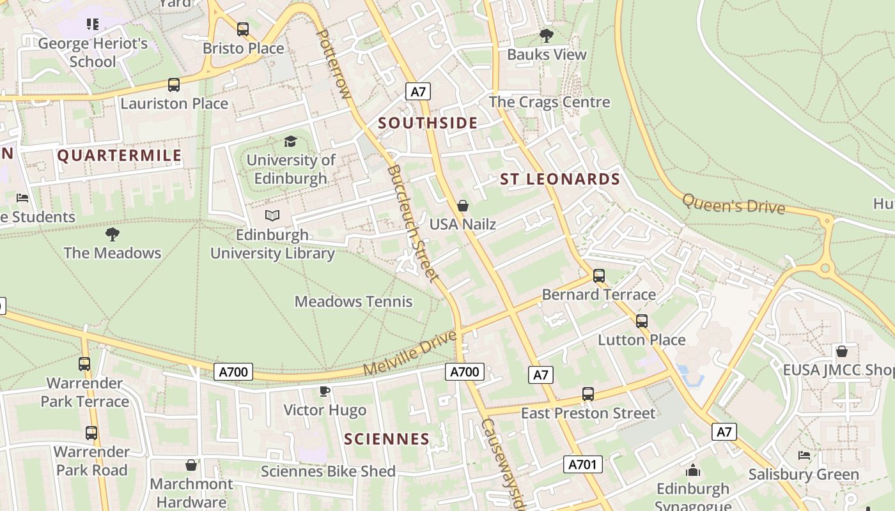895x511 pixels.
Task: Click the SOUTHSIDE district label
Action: [428, 123]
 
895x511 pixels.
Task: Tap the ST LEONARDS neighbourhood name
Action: [560, 179]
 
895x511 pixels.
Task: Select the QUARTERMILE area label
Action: [120, 155]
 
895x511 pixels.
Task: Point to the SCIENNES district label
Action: [387, 439]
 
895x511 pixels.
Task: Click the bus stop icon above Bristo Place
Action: [242, 29]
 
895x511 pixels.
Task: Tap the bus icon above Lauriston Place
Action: [173, 84]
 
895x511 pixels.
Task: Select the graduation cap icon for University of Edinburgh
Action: [291, 141]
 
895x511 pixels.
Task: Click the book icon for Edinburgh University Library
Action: [272, 216]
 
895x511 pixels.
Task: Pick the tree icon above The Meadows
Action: [113, 234]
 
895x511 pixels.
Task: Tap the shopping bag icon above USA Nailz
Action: [463, 206]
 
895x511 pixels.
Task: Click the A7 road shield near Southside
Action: [417, 92]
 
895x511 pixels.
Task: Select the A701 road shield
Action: [582, 464]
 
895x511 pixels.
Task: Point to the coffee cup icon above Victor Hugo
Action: [325, 391]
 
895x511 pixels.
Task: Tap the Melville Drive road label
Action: [410, 353]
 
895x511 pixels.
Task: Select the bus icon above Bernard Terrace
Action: [598, 276]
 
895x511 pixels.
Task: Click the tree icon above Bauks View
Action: [546, 36]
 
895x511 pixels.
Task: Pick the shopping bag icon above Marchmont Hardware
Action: [191, 465]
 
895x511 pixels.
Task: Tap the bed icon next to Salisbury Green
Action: [804, 455]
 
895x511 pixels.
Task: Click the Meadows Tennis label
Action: [354, 301]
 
